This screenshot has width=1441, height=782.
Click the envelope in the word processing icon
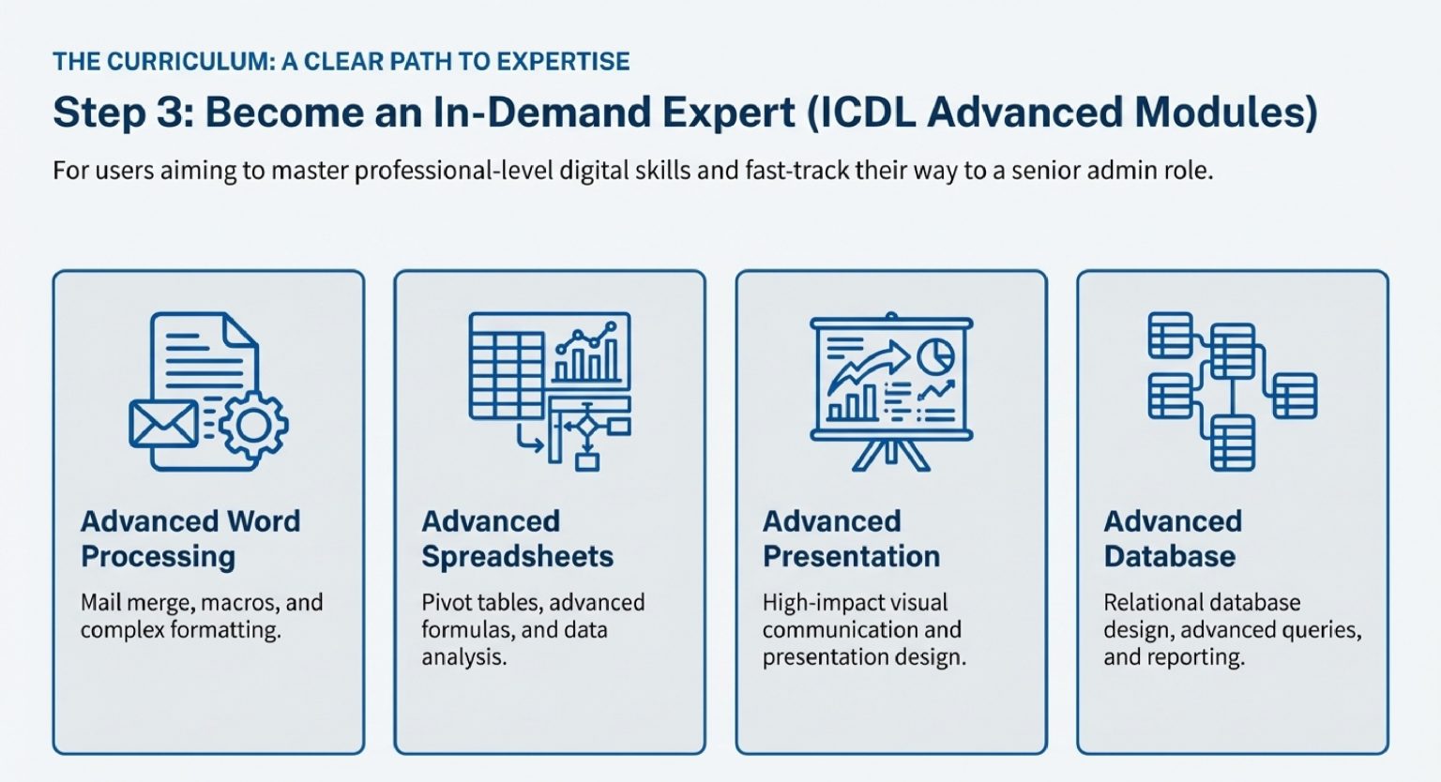pos(163,423)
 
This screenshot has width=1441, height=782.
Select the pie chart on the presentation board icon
pos(934,355)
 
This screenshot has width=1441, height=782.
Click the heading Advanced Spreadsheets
pos(517,538)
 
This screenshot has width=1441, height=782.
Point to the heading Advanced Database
pos(1173,538)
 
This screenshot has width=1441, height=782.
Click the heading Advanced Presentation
pos(851,538)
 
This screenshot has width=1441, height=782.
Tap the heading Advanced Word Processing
pos(190,538)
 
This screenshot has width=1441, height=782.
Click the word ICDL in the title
pos(868,113)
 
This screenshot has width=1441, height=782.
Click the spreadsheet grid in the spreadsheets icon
pos(507,366)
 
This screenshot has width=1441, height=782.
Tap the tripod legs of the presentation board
pos(890,455)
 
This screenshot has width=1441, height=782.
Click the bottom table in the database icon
pos(1232,443)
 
